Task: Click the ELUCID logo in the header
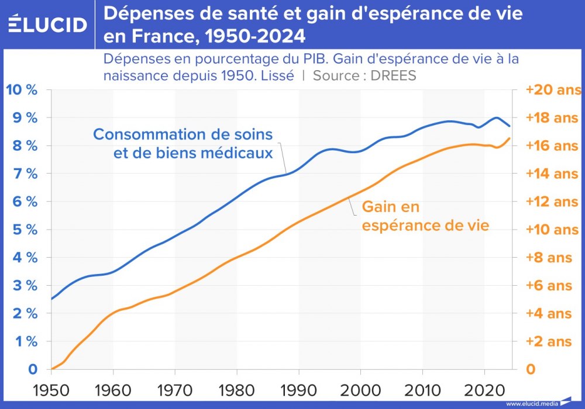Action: pyautogui.click(x=48, y=25)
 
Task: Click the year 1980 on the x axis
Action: pyautogui.click(x=237, y=390)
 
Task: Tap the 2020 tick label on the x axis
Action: pyautogui.click(x=484, y=390)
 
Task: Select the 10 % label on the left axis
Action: pyautogui.click(x=21, y=90)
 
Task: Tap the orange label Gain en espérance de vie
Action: pyautogui.click(x=425, y=216)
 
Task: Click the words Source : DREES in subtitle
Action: pyautogui.click(x=364, y=76)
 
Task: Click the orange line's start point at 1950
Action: pyautogui.click(x=52, y=369)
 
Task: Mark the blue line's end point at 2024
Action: pyautogui.click(x=510, y=126)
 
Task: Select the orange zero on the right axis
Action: pyautogui.click(x=531, y=369)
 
